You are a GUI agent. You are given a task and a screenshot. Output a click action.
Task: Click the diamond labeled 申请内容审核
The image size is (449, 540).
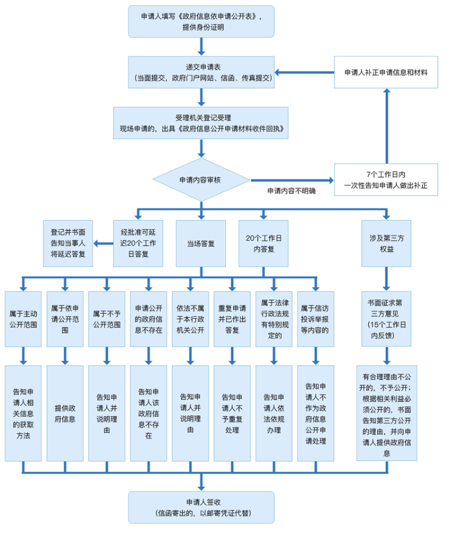[x=201, y=180]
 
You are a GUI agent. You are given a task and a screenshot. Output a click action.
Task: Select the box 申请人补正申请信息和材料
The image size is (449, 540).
[x=386, y=72]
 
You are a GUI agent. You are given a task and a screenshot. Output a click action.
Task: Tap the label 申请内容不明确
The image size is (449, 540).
[x=291, y=191]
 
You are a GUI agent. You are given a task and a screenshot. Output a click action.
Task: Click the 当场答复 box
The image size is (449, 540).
[x=201, y=244]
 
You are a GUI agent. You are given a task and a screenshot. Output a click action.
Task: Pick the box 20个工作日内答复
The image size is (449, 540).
[x=263, y=244]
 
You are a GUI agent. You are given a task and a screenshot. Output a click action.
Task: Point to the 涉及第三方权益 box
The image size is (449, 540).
[x=386, y=244]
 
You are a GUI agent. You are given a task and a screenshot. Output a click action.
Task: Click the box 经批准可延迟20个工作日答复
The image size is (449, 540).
[x=138, y=244]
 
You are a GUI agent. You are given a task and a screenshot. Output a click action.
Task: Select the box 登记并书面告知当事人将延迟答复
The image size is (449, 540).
[x=68, y=243]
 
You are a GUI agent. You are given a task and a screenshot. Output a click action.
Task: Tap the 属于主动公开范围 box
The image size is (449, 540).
[x=24, y=319]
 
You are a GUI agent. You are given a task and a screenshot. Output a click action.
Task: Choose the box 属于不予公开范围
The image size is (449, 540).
[x=107, y=319]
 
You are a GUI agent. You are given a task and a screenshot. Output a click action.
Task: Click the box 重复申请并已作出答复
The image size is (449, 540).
[x=232, y=319]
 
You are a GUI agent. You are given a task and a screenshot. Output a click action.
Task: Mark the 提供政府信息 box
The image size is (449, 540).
[x=65, y=414]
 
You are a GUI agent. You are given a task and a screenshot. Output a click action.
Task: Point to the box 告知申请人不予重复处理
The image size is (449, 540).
[x=232, y=414]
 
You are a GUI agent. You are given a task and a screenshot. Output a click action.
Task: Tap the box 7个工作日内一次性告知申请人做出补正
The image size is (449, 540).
[x=386, y=180]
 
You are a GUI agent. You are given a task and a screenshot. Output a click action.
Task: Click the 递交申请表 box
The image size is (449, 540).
[x=201, y=72]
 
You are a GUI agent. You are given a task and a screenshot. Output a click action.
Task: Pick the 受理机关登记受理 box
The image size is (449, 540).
[x=201, y=123]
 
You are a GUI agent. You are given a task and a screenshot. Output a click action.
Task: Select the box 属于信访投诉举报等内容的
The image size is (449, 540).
[x=315, y=319]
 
